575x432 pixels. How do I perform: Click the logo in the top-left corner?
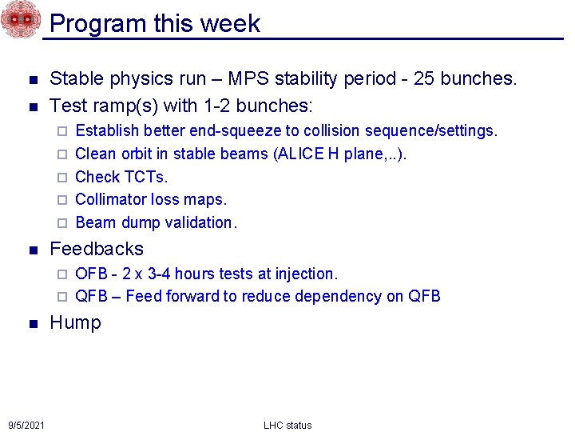point(20,19)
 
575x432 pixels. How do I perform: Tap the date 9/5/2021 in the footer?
point(26,424)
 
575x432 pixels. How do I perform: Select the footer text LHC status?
point(287,425)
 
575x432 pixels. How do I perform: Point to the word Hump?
point(75,322)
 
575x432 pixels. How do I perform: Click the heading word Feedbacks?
point(97,249)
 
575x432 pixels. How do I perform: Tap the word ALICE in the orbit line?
point(299,154)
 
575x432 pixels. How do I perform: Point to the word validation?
point(200,222)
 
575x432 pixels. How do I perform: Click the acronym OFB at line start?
point(91,274)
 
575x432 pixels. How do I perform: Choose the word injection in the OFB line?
point(307,274)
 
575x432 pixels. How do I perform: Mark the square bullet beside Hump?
point(32,323)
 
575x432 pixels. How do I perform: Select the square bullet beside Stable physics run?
point(32,79)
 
